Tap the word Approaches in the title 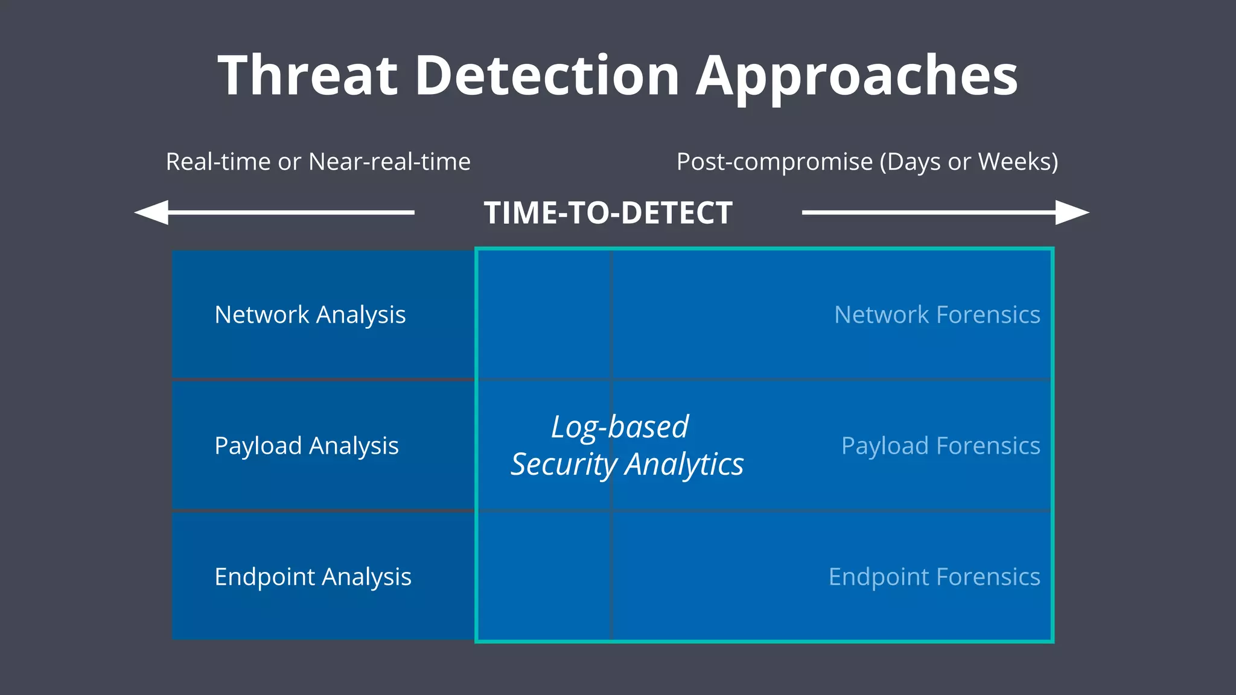coord(857,77)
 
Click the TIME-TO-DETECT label coord(608,213)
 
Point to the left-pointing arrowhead coord(151,212)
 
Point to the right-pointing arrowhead coord(1072,212)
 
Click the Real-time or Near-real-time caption coord(318,162)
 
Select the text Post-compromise coord(774,162)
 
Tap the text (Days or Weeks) coord(969,162)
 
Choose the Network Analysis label coord(310,315)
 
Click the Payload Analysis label coord(307,446)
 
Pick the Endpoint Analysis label coord(313,577)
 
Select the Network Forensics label coord(937,315)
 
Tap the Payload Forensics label coord(940,446)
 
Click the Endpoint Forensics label coord(934,577)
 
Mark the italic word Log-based coord(620,427)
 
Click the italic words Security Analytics coord(627,465)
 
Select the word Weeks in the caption coord(1018,162)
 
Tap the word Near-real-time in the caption coord(389,162)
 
